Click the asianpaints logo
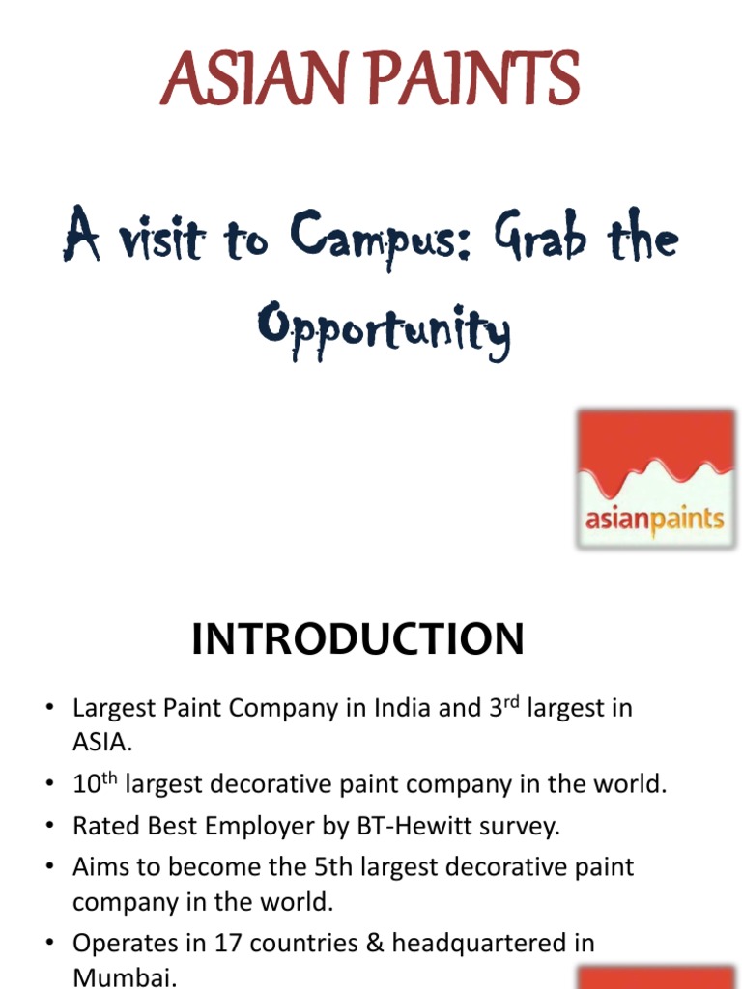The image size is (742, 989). [655, 480]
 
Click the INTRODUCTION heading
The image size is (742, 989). [357, 639]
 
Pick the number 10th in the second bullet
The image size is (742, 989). [96, 783]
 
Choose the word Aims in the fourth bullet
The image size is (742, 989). [100, 866]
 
